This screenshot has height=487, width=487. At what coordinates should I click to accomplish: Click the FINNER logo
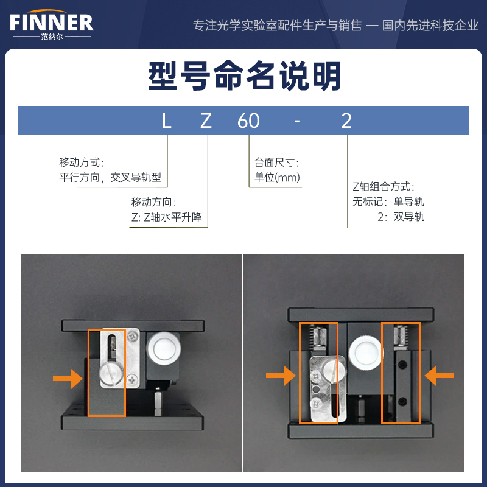(x=52, y=24)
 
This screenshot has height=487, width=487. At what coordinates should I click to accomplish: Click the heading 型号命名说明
(x=245, y=76)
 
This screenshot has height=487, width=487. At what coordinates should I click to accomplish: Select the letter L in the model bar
(x=166, y=121)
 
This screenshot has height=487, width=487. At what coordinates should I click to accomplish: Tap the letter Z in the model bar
(x=206, y=121)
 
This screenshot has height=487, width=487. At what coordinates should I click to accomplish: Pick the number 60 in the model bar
(x=248, y=121)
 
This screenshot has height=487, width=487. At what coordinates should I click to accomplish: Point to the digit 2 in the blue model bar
(x=346, y=121)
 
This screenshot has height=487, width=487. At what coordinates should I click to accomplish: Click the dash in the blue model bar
(x=297, y=121)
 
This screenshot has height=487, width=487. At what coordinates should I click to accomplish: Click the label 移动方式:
(x=82, y=162)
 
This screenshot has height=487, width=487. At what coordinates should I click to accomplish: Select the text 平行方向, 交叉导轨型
(x=110, y=177)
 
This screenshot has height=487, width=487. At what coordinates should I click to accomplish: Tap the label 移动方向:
(x=154, y=202)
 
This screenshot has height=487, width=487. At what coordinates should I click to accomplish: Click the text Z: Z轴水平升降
(x=166, y=217)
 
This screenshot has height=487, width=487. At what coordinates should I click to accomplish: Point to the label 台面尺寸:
(x=276, y=162)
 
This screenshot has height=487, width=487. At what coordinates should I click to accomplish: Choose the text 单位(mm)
(x=277, y=177)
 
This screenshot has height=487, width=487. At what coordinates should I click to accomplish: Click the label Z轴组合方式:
(x=384, y=187)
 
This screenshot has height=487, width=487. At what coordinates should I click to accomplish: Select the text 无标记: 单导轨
(x=388, y=201)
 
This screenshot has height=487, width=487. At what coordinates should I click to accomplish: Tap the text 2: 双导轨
(x=401, y=217)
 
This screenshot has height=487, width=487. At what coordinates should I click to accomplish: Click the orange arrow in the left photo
(x=68, y=379)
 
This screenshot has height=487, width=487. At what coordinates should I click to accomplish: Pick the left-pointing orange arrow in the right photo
(x=439, y=376)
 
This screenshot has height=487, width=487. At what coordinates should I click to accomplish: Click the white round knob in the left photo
(x=164, y=348)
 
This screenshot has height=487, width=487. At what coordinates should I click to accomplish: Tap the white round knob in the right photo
(x=366, y=353)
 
